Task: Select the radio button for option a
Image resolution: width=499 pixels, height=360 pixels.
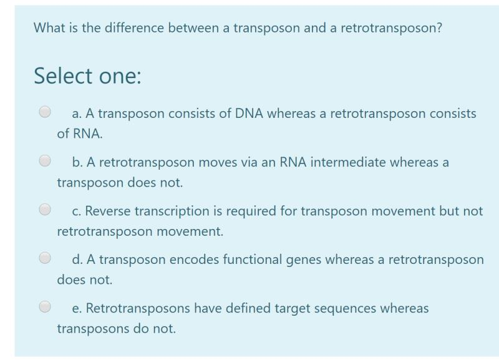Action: click(x=45, y=113)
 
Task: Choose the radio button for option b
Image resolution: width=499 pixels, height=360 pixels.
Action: click(x=45, y=162)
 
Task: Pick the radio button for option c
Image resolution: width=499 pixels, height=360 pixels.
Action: click(x=45, y=210)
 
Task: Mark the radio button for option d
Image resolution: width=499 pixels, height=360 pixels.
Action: click(x=45, y=258)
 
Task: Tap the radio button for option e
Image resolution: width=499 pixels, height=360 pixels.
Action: click(x=45, y=306)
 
